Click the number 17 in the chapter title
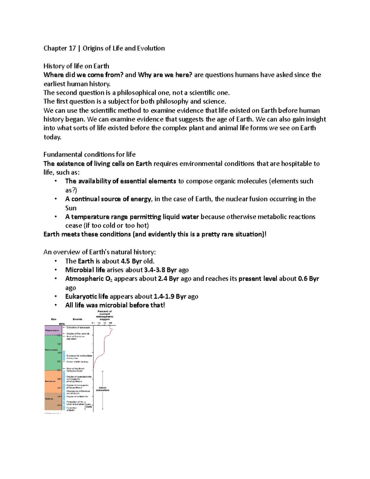click(72, 48)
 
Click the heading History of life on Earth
click(76, 66)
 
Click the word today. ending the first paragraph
click(52, 137)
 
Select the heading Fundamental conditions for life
click(89, 154)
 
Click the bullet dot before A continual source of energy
click(56, 199)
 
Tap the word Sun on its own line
click(71, 208)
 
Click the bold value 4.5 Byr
click(131, 261)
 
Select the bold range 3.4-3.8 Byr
click(160, 270)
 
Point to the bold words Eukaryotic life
click(87, 296)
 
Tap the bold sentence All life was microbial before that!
click(115, 305)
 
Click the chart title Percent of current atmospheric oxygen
click(105, 315)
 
